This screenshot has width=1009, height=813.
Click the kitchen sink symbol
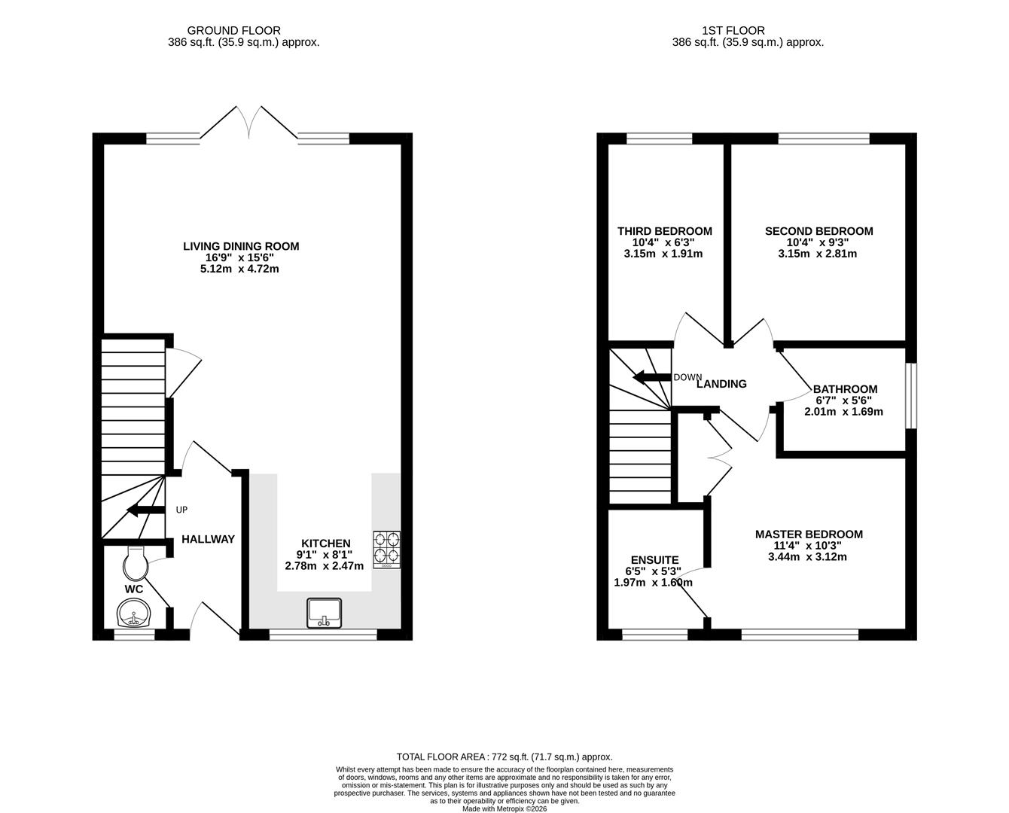coord(325,613)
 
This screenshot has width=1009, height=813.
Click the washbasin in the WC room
coord(133,613)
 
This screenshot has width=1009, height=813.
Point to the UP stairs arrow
coord(145,510)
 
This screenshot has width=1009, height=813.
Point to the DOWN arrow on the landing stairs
coord(652,377)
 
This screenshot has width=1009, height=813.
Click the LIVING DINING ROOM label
coord(241,246)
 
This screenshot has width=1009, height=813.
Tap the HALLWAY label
coord(208,539)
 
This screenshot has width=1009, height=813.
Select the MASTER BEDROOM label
coord(809,534)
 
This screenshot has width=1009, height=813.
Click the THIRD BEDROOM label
coord(664,231)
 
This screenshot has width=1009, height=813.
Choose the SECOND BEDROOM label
coord(818,231)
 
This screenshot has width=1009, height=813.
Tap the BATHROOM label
coord(845,389)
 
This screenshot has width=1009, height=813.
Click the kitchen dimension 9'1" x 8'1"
coord(325,555)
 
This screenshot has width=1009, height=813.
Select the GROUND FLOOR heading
coord(233,31)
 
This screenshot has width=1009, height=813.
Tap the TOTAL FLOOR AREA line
coord(504,757)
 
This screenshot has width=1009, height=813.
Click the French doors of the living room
coord(249,124)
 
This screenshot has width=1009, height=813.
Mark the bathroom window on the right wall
coord(910,396)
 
